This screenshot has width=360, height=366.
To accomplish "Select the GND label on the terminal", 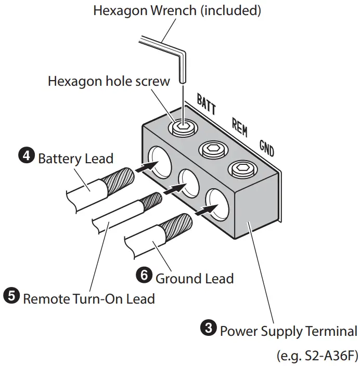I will pos(266,149).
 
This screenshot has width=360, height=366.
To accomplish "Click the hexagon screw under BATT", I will pos(183,127).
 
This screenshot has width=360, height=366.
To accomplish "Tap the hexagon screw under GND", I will pos(242,168).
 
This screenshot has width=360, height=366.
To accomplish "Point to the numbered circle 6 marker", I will pos(145,276).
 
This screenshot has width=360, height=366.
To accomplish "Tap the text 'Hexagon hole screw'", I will pos(109,81).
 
